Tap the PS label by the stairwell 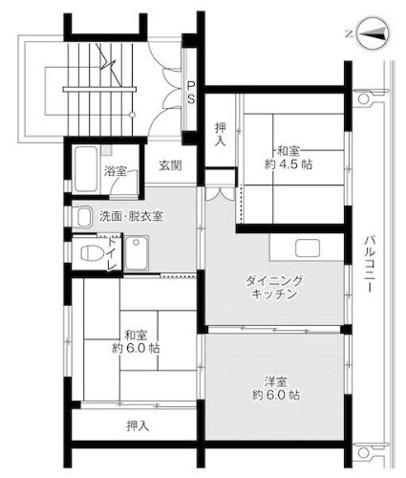(x=191, y=91)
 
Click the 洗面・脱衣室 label (x=132, y=216)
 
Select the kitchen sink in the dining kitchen (x=307, y=249)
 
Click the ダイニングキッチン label (x=274, y=287)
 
